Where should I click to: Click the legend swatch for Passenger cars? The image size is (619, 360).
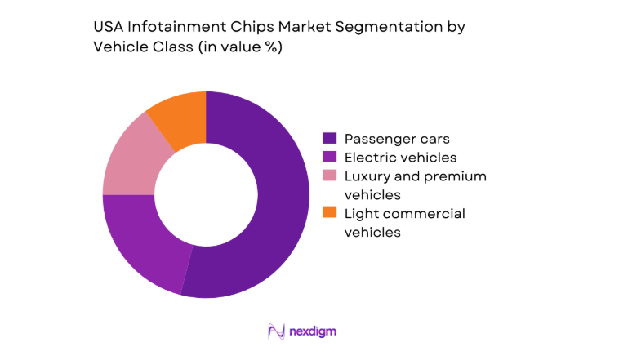[330, 139]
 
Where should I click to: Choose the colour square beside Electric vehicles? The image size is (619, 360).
[330, 158]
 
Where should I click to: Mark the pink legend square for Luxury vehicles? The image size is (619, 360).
[330, 176]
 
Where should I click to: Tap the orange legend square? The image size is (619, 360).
[330, 214]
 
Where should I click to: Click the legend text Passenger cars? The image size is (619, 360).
[397, 139]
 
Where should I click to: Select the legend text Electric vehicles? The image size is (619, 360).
[400, 158]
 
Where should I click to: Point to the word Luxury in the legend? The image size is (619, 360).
[367, 176]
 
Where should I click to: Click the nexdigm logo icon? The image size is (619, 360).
[275, 331]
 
